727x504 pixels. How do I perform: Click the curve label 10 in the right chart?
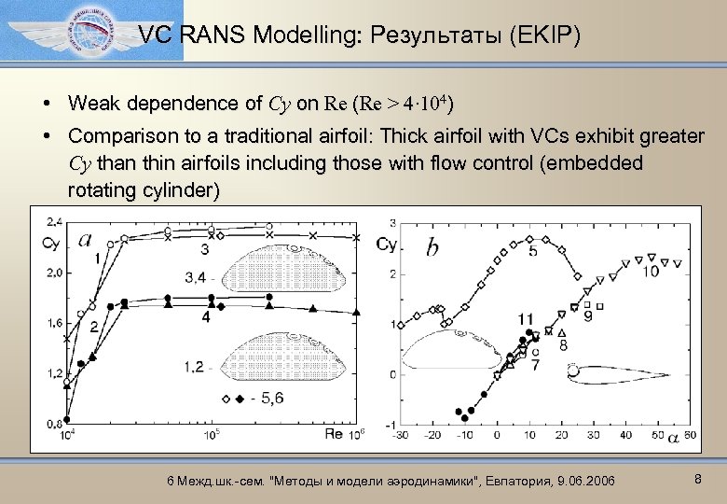pos(650,270)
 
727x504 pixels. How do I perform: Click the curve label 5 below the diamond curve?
pos(532,251)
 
